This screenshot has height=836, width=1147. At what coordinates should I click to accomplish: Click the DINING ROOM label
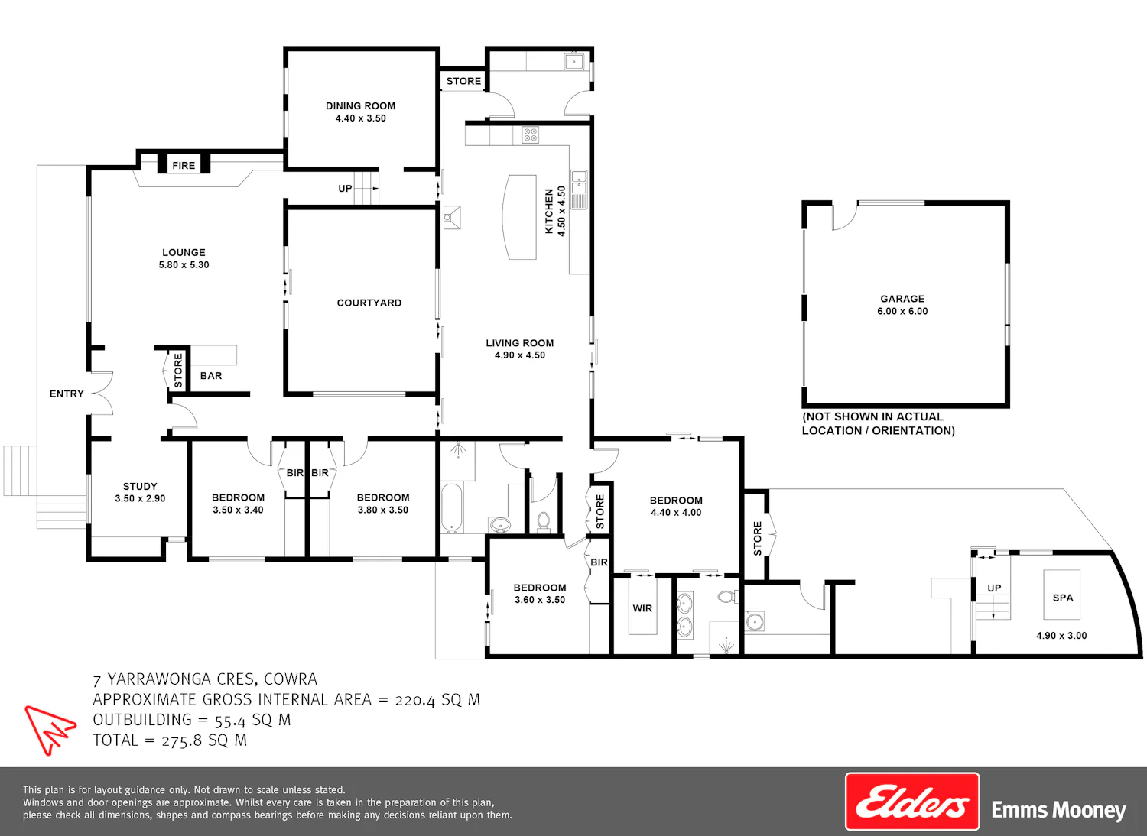(x=360, y=106)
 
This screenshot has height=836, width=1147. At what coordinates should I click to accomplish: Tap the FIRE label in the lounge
(x=184, y=165)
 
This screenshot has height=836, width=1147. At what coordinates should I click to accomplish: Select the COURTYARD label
(x=369, y=303)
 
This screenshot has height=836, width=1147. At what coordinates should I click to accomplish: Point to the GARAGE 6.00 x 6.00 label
(x=902, y=304)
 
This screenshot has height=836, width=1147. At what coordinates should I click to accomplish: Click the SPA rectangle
(x=1062, y=595)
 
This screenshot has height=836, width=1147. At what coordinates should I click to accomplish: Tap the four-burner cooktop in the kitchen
(x=531, y=135)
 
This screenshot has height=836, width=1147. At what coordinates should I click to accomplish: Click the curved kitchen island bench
(x=519, y=217)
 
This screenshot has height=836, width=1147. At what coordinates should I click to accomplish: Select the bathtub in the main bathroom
(x=452, y=507)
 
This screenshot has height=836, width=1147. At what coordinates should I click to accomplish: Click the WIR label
(x=642, y=608)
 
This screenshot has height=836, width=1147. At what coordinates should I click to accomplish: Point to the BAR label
(x=211, y=375)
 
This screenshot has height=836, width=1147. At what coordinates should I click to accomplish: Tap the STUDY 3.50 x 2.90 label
(x=140, y=492)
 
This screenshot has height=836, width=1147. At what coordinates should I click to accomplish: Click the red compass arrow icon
(x=50, y=729)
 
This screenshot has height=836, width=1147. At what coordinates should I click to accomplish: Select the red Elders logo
(x=912, y=801)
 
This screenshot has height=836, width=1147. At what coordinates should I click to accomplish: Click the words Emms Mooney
(x=1058, y=811)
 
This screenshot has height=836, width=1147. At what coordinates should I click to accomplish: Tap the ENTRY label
(x=67, y=394)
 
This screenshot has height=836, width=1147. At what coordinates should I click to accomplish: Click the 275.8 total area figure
(x=183, y=740)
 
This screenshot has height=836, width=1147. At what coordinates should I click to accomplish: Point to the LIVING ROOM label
(x=520, y=343)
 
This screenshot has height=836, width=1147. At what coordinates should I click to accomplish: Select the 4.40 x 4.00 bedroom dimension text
(x=676, y=512)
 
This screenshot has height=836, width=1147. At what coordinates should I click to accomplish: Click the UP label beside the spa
(x=994, y=588)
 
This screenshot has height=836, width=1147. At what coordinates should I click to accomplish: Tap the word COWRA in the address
(x=291, y=679)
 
